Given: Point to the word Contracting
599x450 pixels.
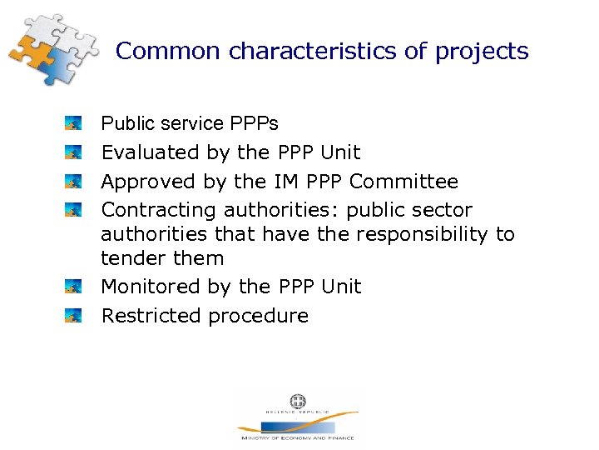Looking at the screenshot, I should click(x=159, y=210).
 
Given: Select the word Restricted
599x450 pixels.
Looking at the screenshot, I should click(x=151, y=316).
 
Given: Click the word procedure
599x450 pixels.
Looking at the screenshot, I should click(x=258, y=317).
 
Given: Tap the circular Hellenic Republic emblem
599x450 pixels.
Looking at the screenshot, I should click(x=297, y=401).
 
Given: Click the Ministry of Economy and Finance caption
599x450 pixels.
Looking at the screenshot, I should click(x=297, y=437).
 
